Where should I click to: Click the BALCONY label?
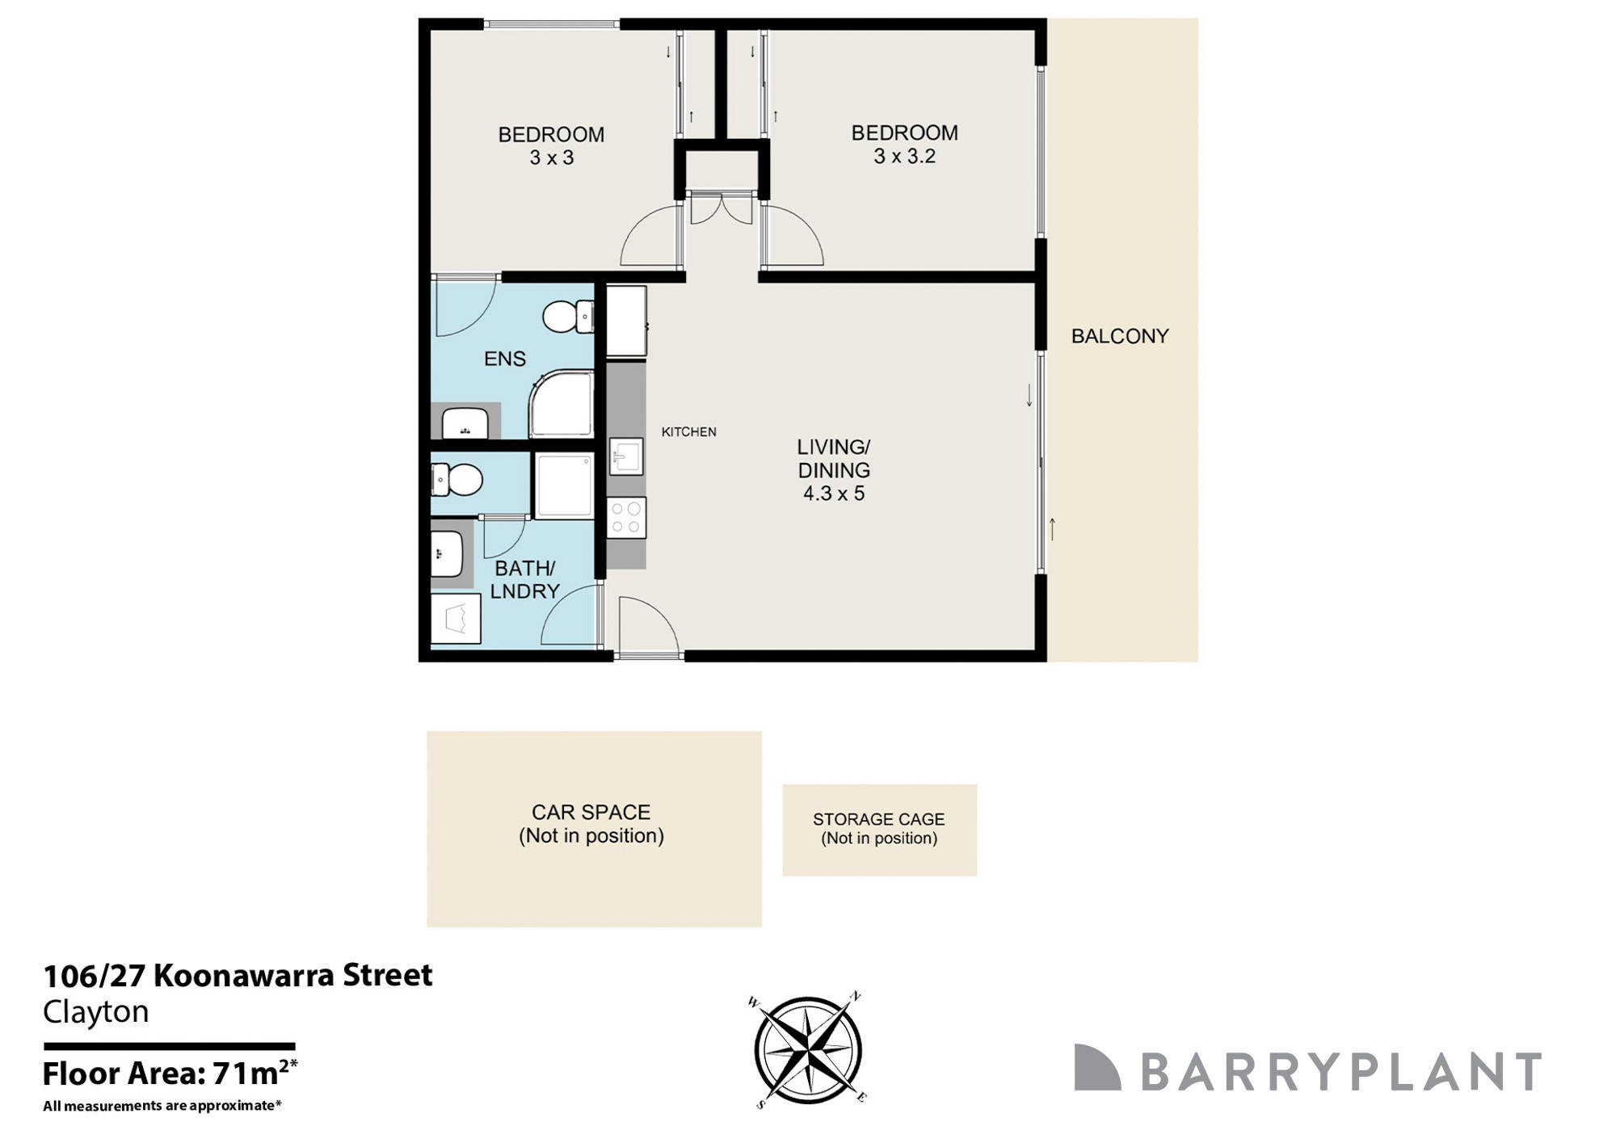(x=1119, y=336)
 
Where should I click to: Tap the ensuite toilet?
(x=566, y=317)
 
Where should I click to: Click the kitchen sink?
(x=625, y=457)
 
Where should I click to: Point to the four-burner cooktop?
(x=626, y=518)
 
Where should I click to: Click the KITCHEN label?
(x=688, y=432)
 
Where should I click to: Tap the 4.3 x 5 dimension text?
(x=833, y=494)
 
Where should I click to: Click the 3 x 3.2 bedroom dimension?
(x=904, y=157)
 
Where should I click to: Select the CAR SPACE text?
(x=591, y=812)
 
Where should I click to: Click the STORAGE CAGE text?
(x=878, y=819)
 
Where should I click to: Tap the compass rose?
(x=807, y=1049)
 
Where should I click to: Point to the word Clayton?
(x=95, y=1012)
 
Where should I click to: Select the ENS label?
(x=504, y=359)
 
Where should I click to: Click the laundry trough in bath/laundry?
(x=456, y=620)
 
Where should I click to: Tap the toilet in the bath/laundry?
(x=457, y=481)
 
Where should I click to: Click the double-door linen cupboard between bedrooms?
(x=722, y=208)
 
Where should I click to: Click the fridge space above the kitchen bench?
(x=626, y=321)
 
